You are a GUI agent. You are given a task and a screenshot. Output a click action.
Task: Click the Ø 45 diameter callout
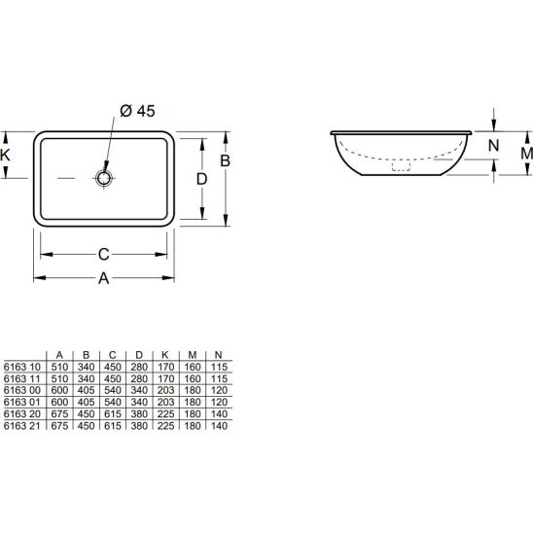pos(137,111)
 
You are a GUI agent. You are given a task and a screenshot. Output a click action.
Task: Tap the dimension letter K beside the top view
pos(5,155)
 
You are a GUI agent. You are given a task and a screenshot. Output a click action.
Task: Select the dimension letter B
pos(225,160)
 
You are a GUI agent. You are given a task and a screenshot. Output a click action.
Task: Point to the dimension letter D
pos(201,179)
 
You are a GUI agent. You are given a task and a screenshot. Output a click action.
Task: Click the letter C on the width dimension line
pos(104,254)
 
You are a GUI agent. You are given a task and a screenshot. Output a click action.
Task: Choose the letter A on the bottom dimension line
pos(104,278)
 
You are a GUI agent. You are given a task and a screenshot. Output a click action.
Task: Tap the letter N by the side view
pos(493,146)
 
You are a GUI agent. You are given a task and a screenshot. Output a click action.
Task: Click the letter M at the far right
pos(526,154)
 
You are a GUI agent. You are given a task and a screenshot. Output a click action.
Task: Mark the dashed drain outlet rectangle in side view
pos(401,166)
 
